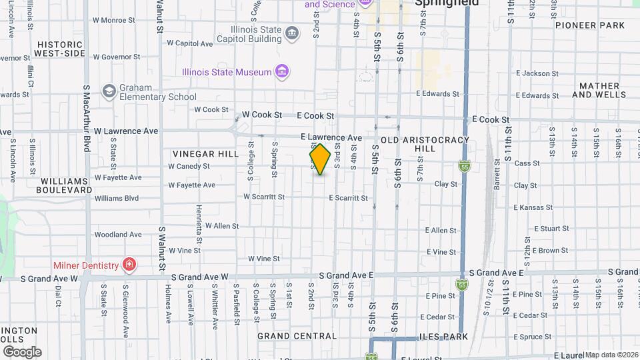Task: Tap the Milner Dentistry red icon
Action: [129, 265]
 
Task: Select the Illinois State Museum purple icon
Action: [282, 72]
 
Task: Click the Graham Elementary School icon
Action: [109, 91]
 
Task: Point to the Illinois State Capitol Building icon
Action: [292, 33]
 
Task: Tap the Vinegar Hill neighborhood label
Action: [205, 154]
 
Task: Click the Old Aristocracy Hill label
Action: [425, 144]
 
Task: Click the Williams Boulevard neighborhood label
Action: [65, 185]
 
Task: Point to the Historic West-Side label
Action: [59, 48]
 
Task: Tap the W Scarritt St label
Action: [264, 197]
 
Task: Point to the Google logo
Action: [21, 352]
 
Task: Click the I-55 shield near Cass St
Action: [463, 166]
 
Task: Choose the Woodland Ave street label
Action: [118, 235]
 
